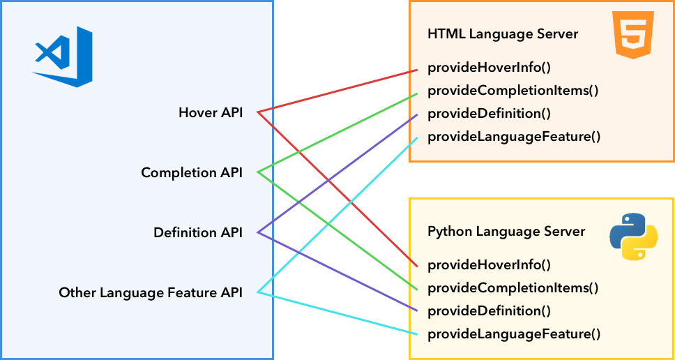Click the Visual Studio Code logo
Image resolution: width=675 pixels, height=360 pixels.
(63, 57)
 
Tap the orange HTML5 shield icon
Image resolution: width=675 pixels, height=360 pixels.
(633, 34)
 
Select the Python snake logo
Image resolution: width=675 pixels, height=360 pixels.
(633, 237)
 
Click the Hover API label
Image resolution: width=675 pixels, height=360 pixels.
(211, 112)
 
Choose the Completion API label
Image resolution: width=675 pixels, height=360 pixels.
(192, 172)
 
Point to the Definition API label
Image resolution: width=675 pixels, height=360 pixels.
(198, 232)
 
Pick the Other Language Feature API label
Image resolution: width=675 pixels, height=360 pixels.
(151, 293)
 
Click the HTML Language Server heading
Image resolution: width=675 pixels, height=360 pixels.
(502, 34)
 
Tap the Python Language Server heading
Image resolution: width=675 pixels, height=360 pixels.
(506, 231)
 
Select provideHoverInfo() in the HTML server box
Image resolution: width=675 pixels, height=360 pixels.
(489, 68)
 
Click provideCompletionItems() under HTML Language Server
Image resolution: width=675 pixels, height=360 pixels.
(513, 91)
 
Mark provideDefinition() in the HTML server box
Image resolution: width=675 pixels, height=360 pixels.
(485, 114)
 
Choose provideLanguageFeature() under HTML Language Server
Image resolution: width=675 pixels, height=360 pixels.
(513, 137)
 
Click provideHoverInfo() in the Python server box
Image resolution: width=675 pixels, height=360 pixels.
(489, 264)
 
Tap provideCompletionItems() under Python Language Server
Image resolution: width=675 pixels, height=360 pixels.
(513, 287)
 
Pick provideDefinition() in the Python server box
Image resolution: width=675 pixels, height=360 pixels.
(485, 310)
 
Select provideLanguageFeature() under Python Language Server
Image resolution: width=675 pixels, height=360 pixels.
(513, 333)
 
